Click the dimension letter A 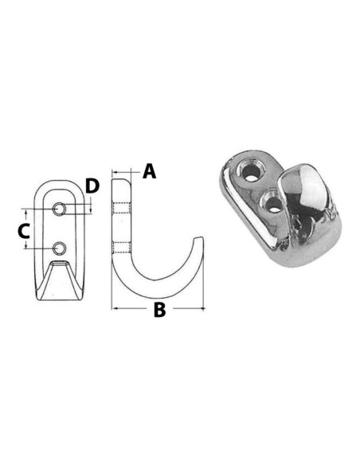click(x=150, y=172)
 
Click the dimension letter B click(x=159, y=309)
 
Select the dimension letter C click(x=24, y=232)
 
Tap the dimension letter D click(x=92, y=186)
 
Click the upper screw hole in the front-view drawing click(x=59, y=209)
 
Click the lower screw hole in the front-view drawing click(x=60, y=248)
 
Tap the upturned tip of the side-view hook click(x=199, y=238)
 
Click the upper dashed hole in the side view click(x=121, y=208)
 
